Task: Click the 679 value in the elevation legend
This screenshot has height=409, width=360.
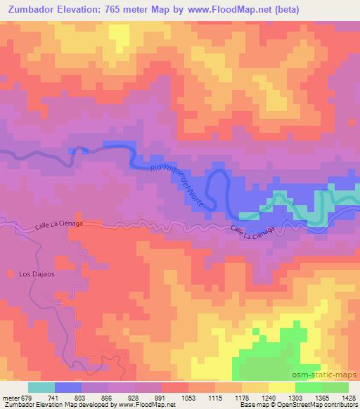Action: (x=27, y=398)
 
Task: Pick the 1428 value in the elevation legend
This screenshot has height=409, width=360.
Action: (x=348, y=398)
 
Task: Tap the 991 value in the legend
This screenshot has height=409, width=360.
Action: (x=161, y=398)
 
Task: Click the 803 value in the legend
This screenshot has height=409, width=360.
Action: (x=81, y=398)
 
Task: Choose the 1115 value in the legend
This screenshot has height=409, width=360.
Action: (x=214, y=398)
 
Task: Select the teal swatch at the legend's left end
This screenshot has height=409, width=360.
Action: (x=41, y=387)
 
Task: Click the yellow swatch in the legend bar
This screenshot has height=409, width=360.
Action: (x=281, y=387)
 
